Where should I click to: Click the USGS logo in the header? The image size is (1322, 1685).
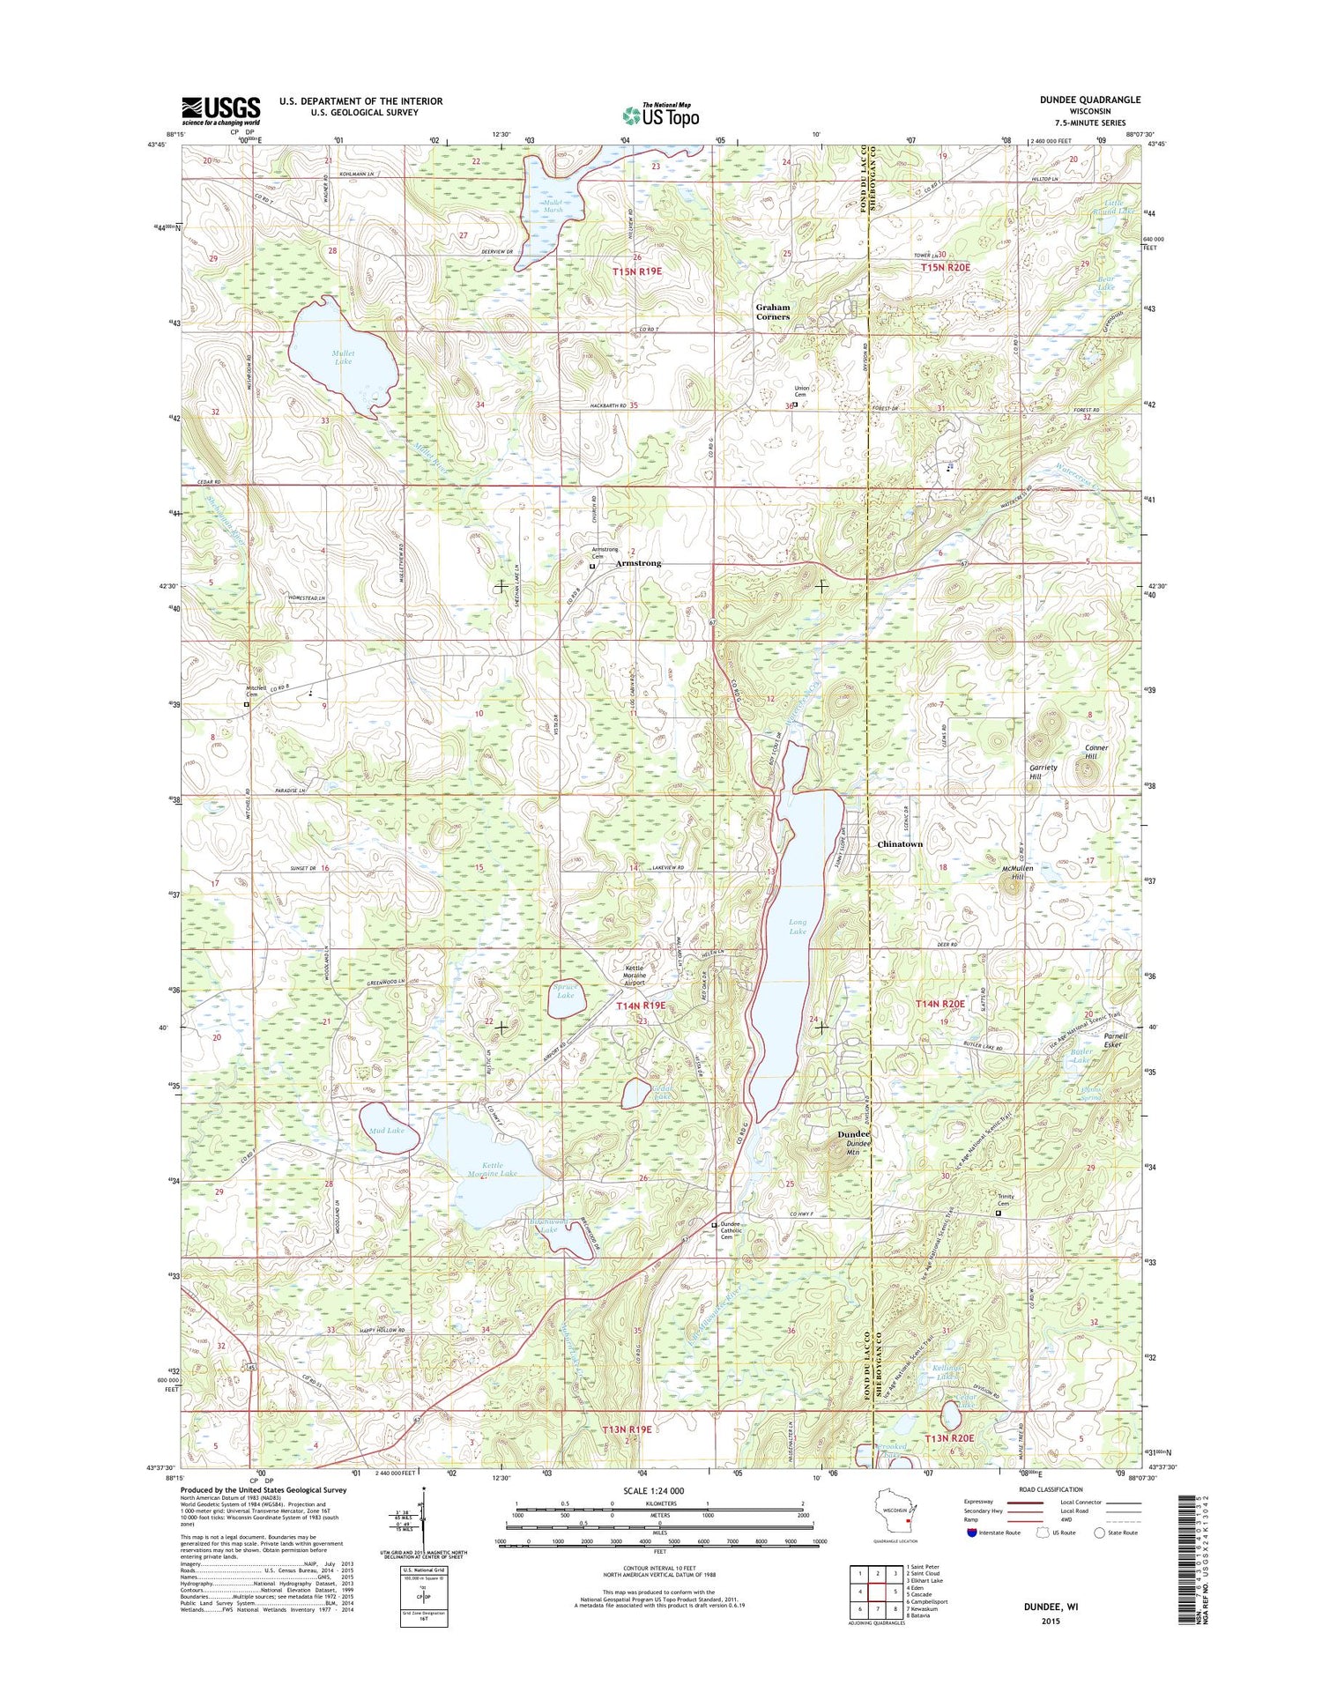coord(220,110)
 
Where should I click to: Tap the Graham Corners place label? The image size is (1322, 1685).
coord(772,312)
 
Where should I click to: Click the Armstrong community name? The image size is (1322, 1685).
coord(638,563)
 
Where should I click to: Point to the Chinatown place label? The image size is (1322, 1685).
coord(900,844)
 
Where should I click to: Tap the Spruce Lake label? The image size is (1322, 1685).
coord(565,991)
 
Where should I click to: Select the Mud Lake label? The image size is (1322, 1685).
coord(388,1130)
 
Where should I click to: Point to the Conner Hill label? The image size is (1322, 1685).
coord(1095,752)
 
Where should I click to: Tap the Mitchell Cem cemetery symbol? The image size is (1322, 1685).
coord(247,705)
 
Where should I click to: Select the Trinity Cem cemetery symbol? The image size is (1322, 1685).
coord(999,1214)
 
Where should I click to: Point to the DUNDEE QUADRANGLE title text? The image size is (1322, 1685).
coord(1089,100)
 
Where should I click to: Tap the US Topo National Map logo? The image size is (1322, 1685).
coord(661,115)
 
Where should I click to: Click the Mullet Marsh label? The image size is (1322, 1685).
coord(553,206)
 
